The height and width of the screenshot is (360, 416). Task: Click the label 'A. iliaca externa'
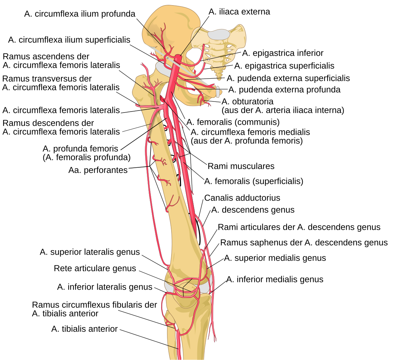[x=239, y=12]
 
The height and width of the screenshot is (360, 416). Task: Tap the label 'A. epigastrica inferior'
[x=283, y=53]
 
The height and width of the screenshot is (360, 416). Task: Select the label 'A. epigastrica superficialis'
[x=284, y=66]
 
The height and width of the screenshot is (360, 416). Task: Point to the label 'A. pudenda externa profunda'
[x=284, y=90]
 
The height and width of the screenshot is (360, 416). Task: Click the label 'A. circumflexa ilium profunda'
[x=80, y=14]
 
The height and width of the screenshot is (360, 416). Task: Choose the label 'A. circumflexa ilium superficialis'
[x=69, y=40]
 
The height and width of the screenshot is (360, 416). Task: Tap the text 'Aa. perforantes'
[x=98, y=170]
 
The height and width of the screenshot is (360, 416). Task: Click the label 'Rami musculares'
[x=241, y=166]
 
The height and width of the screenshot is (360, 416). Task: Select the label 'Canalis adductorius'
[x=242, y=198]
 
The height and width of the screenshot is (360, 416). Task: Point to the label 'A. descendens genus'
[x=253, y=210]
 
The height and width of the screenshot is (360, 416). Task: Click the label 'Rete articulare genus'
[x=95, y=269]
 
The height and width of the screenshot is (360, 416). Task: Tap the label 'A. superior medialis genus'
[x=275, y=258]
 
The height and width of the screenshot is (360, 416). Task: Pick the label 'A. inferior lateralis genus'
[x=105, y=287]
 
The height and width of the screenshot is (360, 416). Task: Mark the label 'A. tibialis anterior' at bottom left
[x=85, y=329]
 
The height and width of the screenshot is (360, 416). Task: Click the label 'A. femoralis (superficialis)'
[x=254, y=181]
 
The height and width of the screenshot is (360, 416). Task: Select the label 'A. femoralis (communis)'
[x=233, y=122]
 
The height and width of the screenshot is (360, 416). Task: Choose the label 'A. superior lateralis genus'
[x=90, y=252]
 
